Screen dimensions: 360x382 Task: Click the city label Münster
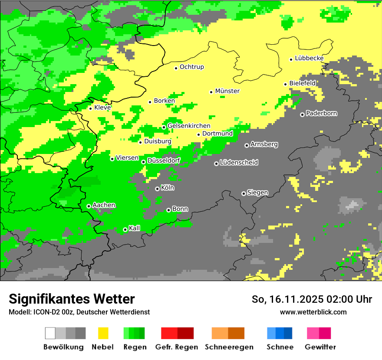[x=227, y=91]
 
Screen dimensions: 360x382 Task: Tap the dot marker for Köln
[x=157, y=189]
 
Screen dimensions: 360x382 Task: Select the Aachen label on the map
[x=104, y=205]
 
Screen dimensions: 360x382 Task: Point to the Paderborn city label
[x=322, y=114]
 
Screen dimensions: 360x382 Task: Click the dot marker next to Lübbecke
[x=291, y=59]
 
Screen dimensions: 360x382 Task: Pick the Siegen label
[x=258, y=193]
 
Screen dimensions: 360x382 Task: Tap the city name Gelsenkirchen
[x=189, y=126]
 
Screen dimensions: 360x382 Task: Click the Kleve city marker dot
[x=90, y=108]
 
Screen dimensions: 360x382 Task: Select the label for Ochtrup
[x=192, y=67]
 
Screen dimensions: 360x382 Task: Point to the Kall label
[x=135, y=228]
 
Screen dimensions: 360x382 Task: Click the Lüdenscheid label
[x=239, y=163]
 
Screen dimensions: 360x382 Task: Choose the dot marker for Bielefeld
[x=285, y=84]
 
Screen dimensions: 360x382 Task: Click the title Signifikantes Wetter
[x=72, y=299]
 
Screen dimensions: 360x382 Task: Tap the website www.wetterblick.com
[x=313, y=312]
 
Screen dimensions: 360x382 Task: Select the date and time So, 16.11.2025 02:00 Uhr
[x=312, y=299]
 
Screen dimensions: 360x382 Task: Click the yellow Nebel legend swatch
[x=103, y=333]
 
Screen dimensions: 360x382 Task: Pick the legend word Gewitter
[x=320, y=347]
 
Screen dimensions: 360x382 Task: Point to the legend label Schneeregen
[x=229, y=347]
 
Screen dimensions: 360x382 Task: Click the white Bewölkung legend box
[x=50, y=333]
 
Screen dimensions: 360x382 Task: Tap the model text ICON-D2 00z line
[x=79, y=312]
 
